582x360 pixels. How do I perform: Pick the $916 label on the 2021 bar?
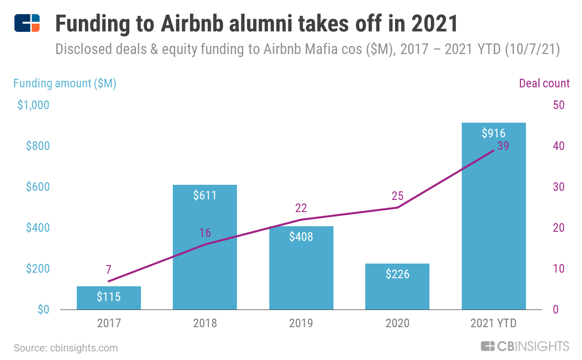(x=493, y=133)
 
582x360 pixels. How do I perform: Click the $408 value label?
(x=301, y=236)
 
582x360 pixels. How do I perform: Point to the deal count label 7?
(x=109, y=269)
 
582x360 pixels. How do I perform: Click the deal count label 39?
(x=502, y=146)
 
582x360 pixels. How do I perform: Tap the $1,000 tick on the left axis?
(x=33, y=105)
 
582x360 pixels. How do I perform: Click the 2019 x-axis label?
(x=301, y=323)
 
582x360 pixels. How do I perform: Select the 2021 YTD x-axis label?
(x=493, y=323)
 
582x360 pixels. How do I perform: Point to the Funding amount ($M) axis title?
(x=65, y=83)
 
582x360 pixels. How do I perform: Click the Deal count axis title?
(x=544, y=83)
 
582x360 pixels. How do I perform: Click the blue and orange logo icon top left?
(x=27, y=23)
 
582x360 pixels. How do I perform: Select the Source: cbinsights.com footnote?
(x=66, y=348)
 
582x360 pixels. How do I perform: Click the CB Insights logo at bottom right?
(x=524, y=346)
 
